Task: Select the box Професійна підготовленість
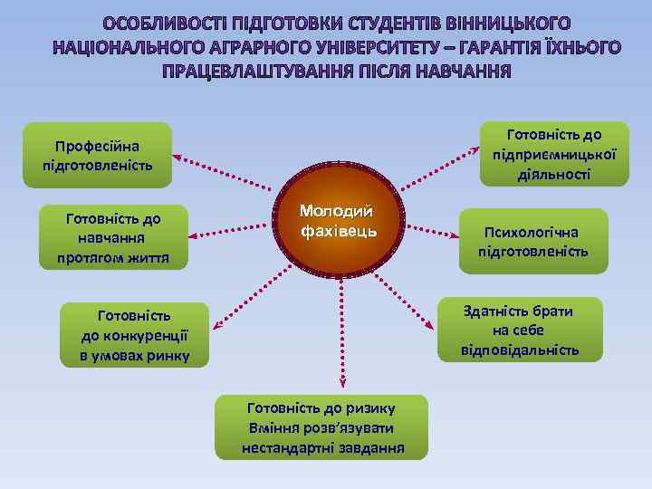point(97,155)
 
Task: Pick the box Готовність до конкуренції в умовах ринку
point(134,335)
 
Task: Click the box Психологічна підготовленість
point(533,240)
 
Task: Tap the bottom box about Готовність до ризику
point(321,427)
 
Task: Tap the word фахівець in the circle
point(339,233)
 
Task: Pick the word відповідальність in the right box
point(519,350)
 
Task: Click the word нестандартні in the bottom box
point(283,448)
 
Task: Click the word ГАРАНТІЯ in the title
point(509,46)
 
